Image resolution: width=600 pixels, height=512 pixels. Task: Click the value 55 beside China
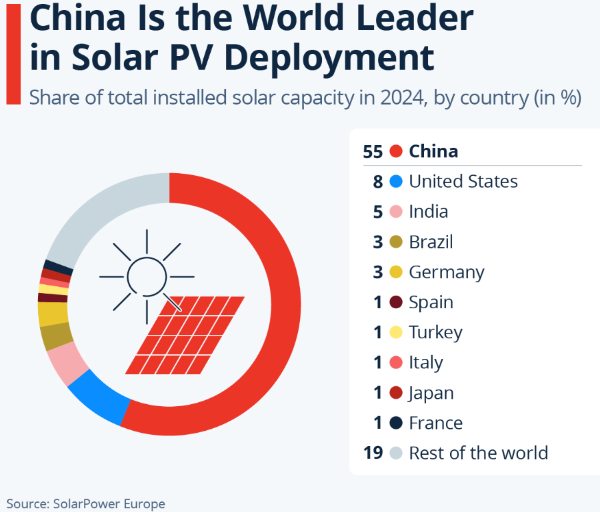click(x=373, y=151)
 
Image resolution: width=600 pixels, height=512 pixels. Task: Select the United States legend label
click(x=463, y=181)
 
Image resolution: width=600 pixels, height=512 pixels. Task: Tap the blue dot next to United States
click(x=396, y=181)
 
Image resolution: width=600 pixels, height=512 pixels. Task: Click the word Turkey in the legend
click(x=435, y=332)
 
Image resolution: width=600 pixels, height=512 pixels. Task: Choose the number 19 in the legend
click(x=373, y=453)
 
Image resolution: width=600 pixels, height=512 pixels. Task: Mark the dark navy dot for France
click(x=396, y=423)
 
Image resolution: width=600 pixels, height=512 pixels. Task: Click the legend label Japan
click(x=431, y=393)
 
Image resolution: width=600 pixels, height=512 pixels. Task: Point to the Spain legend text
click(x=431, y=302)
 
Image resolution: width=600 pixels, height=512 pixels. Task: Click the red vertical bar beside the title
click(x=13, y=52)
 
